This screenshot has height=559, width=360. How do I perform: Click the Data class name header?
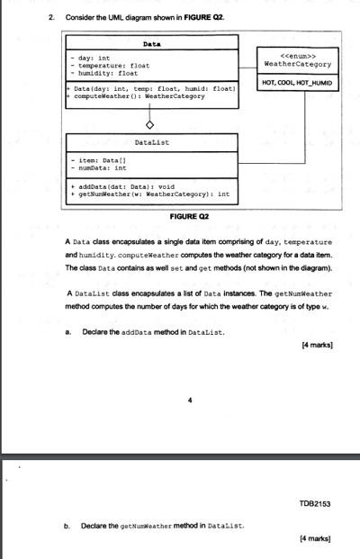pyautogui.click(x=152, y=42)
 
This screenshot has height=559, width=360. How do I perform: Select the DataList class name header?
pyautogui.click(x=152, y=142)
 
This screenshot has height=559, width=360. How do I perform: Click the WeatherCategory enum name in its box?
pyautogui.click(x=296, y=64)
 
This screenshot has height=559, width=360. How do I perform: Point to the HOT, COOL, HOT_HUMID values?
pyautogui.click(x=296, y=83)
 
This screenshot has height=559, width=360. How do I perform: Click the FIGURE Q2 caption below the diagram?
pyautogui.click(x=189, y=216)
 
